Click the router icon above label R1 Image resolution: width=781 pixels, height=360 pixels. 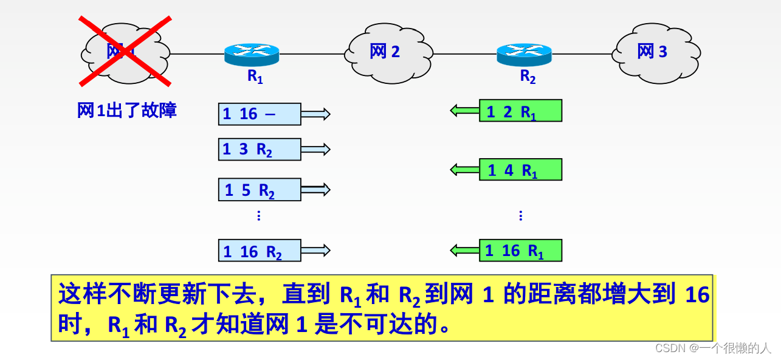click(x=252, y=54)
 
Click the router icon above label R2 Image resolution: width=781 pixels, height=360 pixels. click(x=524, y=54)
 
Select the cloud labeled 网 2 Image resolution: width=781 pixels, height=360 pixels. click(x=388, y=53)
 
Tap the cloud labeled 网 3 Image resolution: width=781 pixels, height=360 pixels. click(x=655, y=52)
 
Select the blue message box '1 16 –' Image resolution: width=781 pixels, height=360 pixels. click(x=260, y=114)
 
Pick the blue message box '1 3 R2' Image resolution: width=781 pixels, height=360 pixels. click(x=260, y=150)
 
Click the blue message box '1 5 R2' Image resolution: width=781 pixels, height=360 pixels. click(x=260, y=190)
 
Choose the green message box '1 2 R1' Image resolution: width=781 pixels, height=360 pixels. click(x=520, y=111)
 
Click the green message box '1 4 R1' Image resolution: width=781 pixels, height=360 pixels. click(x=520, y=170)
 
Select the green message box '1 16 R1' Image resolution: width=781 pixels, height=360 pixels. click(x=520, y=250)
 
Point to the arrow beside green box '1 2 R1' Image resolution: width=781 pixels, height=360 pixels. click(x=464, y=111)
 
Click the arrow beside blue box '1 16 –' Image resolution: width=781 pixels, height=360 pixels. click(x=315, y=114)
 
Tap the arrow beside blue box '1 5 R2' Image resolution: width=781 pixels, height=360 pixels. click(x=315, y=190)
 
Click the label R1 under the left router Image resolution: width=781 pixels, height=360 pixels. click(x=255, y=77)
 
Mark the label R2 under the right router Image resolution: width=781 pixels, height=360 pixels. click(x=528, y=77)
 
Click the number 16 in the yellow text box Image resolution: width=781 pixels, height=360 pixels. click(x=697, y=295)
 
